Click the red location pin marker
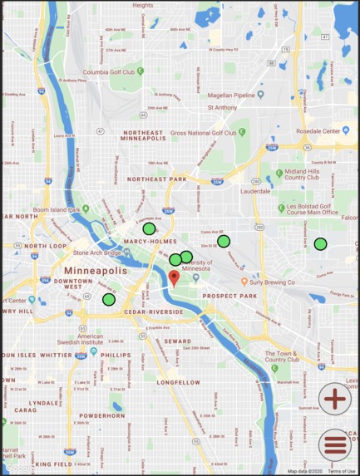point(174,277)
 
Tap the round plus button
point(335,399)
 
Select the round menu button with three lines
point(335,445)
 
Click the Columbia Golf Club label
point(108,72)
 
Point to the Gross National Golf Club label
point(203,132)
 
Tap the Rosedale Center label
point(319,131)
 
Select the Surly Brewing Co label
point(273,282)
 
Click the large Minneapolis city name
point(96,272)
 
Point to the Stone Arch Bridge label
point(97,253)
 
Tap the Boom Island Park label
point(57,210)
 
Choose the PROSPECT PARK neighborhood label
point(225,296)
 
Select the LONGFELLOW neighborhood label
point(179,383)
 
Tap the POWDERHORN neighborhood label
point(102,415)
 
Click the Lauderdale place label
point(255,190)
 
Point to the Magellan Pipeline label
point(231,96)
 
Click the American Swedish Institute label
point(80,340)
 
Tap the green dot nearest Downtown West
point(109,299)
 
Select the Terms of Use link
point(341,471)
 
